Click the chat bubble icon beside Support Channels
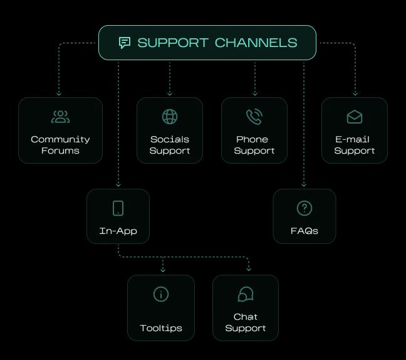pos(125,43)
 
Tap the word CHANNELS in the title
pos(256,43)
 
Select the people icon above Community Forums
pos(60,117)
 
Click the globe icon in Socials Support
pos(170,117)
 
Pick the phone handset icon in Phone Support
pos(254,117)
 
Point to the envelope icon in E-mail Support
pos(355,117)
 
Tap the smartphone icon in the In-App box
pos(118,208)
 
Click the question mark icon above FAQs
pos(304,208)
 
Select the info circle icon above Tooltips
pos(161,294)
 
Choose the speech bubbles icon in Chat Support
pos(246,294)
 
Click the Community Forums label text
pos(60,145)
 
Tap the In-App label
pos(118,231)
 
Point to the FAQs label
pos(304,231)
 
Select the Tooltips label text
pos(161,328)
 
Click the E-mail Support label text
pos(355,145)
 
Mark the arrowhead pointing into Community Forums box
pos(59,93)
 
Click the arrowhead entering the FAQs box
pos(304,184)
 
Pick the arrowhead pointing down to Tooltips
pos(163,270)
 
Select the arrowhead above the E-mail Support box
pos(355,93)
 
